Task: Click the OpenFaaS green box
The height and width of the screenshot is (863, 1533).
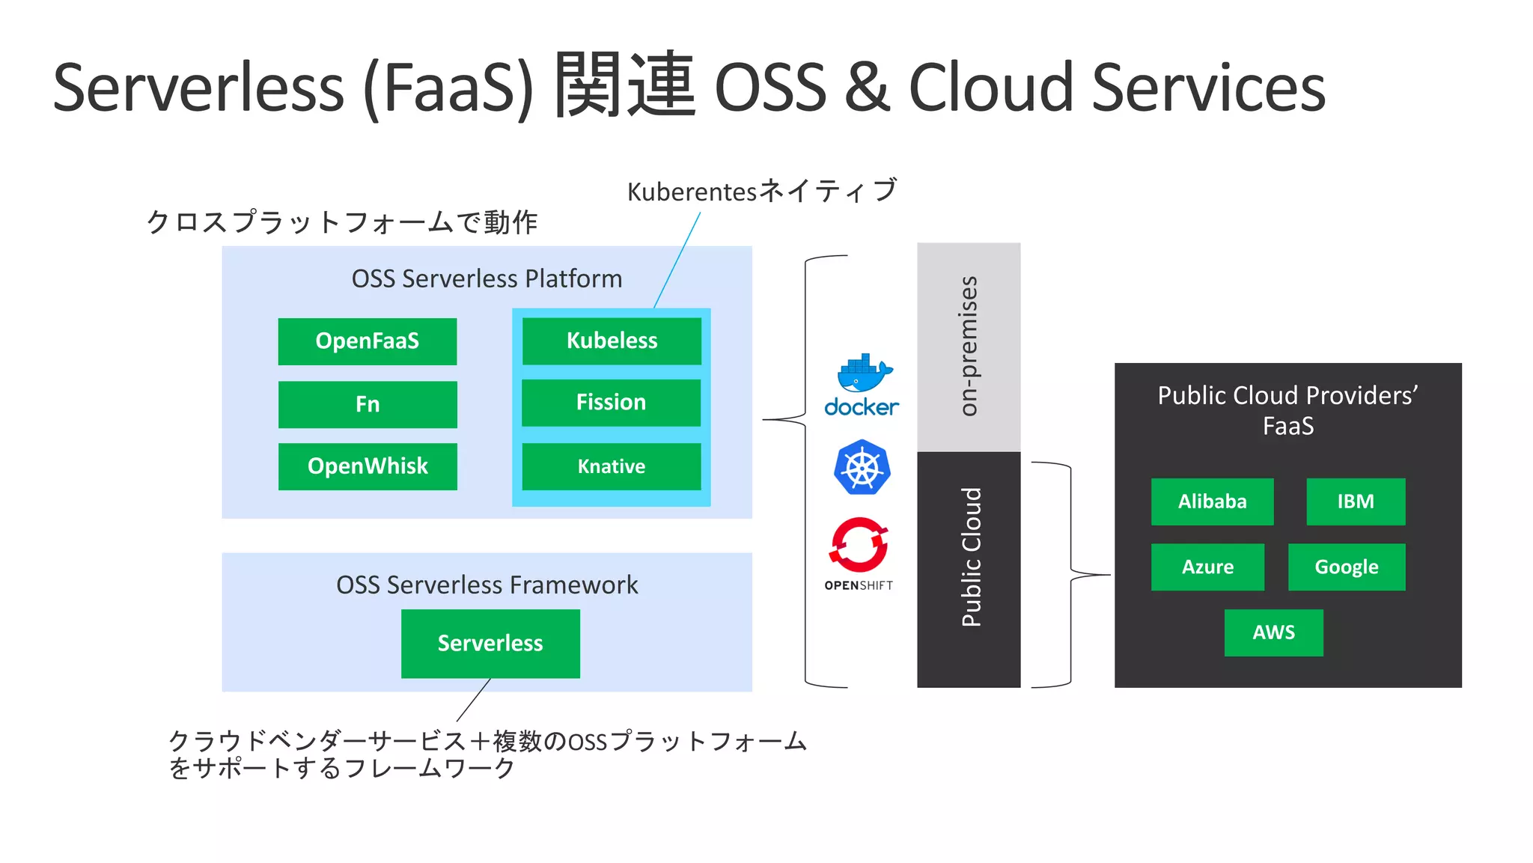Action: pyautogui.click(x=367, y=341)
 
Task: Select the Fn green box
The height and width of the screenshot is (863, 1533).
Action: pyautogui.click(x=367, y=404)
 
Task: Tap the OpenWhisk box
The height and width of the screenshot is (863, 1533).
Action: pyautogui.click(x=367, y=466)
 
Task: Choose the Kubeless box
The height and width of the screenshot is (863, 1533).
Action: pyautogui.click(x=612, y=341)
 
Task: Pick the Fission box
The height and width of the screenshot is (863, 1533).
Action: pyautogui.click(x=611, y=403)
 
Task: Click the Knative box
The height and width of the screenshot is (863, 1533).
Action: pyautogui.click(x=611, y=466)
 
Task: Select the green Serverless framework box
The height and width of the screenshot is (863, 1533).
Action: pyautogui.click(x=490, y=644)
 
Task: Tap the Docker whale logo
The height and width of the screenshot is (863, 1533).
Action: pyautogui.click(x=863, y=374)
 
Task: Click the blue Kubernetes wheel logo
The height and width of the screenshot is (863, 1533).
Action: pyautogui.click(x=862, y=468)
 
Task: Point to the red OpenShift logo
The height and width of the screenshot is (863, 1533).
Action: pyautogui.click(x=859, y=545)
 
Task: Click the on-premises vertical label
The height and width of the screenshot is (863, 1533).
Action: pyautogui.click(x=969, y=346)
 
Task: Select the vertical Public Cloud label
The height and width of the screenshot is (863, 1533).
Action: pyautogui.click(x=970, y=558)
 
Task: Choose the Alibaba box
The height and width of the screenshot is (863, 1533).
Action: pyautogui.click(x=1212, y=501)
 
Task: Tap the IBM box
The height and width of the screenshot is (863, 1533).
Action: pyautogui.click(x=1356, y=501)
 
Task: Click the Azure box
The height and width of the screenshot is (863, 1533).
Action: pyautogui.click(x=1207, y=567)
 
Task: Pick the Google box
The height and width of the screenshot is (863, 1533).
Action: pyautogui.click(x=1346, y=567)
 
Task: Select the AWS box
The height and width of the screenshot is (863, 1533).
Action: pyautogui.click(x=1273, y=632)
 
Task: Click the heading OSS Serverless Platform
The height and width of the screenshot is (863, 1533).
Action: pyautogui.click(x=487, y=278)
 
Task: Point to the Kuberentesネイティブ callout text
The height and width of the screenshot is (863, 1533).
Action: pyautogui.click(x=761, y=192)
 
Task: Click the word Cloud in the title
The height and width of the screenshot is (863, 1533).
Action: pyautogui.click(x=992, y=88)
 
